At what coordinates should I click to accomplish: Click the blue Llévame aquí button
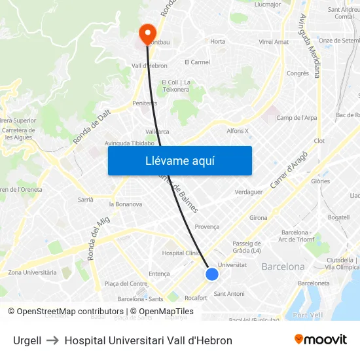click(x=179, y=161)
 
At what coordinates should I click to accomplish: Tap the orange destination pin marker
click(x=147, y=33)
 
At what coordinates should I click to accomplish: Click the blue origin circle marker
click(x=211, y=274)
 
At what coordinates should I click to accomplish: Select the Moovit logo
click(x=320, y=340)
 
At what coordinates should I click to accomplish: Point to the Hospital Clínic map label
click(x=181, y=253)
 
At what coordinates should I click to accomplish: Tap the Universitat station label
click(x=232, y=264)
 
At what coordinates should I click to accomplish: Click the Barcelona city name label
click(x=283, y=267)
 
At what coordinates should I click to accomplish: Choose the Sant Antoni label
click(x=229, y=293)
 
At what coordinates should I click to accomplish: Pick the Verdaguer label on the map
click(x=249, y=192)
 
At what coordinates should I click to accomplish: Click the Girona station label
click(x=258, y=217)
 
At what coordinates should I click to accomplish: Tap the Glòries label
click(x=320, y=181)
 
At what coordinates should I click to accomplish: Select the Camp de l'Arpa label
click(x=297, y=118)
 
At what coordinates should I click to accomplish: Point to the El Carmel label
click(x=197, y=62)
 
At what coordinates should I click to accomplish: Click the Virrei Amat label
click(x=274, y=42)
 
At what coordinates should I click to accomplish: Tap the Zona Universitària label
click(x=32, y=272)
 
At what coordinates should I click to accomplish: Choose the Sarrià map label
click(x=86, y=199)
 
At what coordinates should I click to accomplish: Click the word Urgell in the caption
click(x=27, y=340)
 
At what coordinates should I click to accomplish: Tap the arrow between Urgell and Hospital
click(x=53, y=340)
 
